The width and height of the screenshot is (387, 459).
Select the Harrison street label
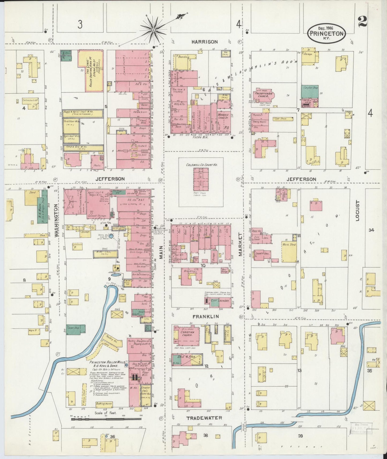205,42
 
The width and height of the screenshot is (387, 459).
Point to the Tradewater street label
204,418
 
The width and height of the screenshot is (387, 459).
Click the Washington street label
56,221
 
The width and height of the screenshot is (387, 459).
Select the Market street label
240,244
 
